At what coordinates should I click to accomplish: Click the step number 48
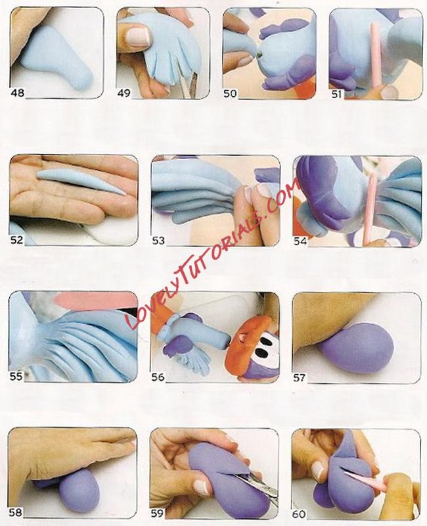(18, 93)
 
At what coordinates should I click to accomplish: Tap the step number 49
(124, 93)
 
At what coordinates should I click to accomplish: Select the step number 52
(17, 240)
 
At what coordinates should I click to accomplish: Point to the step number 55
(16, 376)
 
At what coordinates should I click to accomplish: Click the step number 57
(299, 377)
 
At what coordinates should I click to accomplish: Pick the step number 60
(299, 514)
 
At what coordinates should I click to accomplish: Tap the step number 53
(158, 240)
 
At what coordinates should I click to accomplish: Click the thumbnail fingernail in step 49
(138, 36)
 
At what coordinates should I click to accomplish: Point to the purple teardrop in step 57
(355, 352)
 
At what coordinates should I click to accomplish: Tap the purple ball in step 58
(79, 490)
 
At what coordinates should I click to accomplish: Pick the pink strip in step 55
(97, 300)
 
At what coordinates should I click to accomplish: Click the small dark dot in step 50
(259, 54)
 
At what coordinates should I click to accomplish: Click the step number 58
(15, 512)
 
